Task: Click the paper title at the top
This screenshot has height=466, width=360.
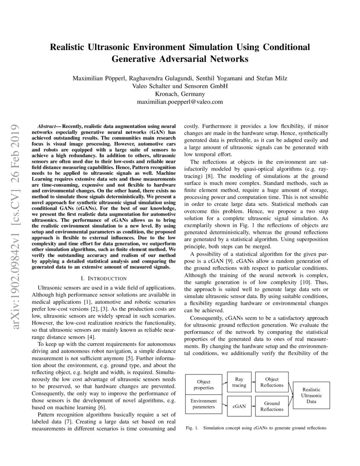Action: point(180,53)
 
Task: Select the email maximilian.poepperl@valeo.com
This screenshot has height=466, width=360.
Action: point(180,102)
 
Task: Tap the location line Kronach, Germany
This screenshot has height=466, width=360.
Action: point(180,94)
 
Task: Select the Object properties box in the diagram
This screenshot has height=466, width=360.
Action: point(204,385)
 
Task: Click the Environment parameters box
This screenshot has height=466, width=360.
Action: point(204,404)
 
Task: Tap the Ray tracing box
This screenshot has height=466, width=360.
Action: point(239,382)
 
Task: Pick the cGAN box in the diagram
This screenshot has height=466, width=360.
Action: point(239,406)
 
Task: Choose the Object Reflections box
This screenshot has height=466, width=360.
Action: point(272,382)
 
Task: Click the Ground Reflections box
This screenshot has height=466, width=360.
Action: point(272,407)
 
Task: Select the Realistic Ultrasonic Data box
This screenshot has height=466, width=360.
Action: point(311,395)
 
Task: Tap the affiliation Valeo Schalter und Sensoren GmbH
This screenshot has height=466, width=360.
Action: point(180,86)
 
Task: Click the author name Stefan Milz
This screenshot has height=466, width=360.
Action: point(272,78)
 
